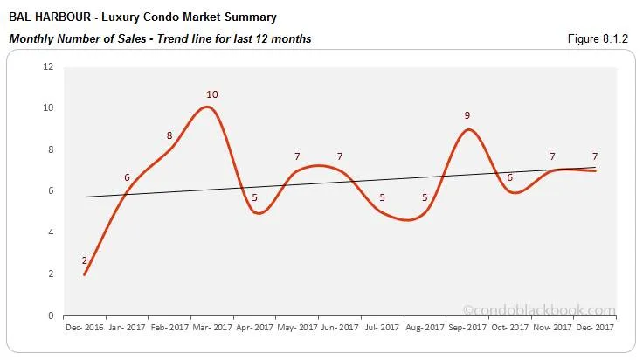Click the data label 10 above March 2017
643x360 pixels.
pyautogui.click(x=212, y=94)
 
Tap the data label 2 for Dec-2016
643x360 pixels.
pyautogui.click(x=85, y=260)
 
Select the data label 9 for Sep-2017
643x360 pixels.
pyautogui.click(x=467, y=115)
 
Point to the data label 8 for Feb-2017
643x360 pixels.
pyautogui.click(x=169, y=135)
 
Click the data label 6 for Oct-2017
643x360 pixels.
pyautogui.click(x=509, y=177)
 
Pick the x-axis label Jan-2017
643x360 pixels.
pyautogui.click(x=127, y=328)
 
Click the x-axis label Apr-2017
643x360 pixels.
pyautogui.click(x=254, y=328)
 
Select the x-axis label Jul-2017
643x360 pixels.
pyautogui.click(x=382, y=328)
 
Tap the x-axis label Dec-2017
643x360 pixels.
pyautogui.click(x=595, y=328)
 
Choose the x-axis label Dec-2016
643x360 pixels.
pyautogui.click(x=85, y=328)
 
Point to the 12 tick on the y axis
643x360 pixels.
pyautogui.click(x=48, y=66)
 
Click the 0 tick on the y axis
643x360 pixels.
pyautogui.click(x=51, y=315)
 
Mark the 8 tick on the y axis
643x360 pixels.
pyautogui.click(x=51, y=149)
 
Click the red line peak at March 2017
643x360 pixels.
pyautogui.click(x=206, y=107)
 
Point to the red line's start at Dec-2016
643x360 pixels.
pyautogui.click(x=85, y=274)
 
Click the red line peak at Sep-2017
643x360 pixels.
pyautogui.click(x=469, y=129)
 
